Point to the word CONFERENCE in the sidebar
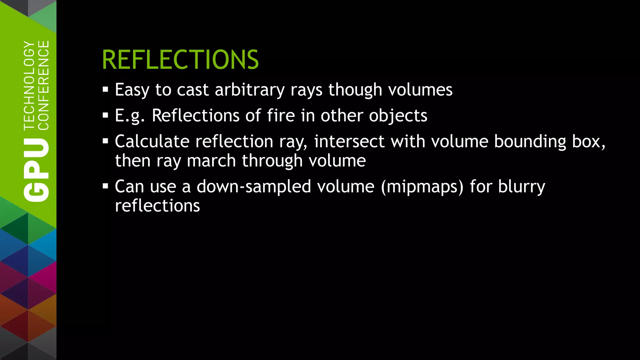[x=43, y=85]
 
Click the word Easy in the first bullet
[x=132, y=90]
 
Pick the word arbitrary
[x=250, y=90]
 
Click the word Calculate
[x=152, y=142]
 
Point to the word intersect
[x=349, y=142]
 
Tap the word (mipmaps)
[x=422, y=187]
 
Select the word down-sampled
[x=254, y=187]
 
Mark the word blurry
[x=522, y=187]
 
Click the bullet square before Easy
[x=105, y=90]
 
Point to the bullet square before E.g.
[x=105, y=116]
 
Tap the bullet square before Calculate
[x=105, y=141]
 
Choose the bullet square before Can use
[x=105, y=187]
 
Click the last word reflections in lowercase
[x=157, y=206]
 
